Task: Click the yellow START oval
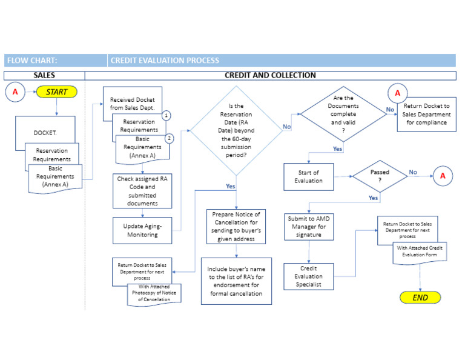tap(57, 93)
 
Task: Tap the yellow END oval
tap(420, 298)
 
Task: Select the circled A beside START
tap(16, 93)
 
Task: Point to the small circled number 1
tap(167, 115)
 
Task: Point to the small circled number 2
tap(170, 138)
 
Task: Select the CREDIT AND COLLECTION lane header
tap(270, 75)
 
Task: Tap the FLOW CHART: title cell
tap(54, 61)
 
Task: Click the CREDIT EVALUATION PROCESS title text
tap(165, 61)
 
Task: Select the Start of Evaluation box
tap(308, 176)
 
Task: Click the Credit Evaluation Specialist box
tap(309, 276)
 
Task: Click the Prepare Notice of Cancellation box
tap(236, 226)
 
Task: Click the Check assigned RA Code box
tap(143, 191)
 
